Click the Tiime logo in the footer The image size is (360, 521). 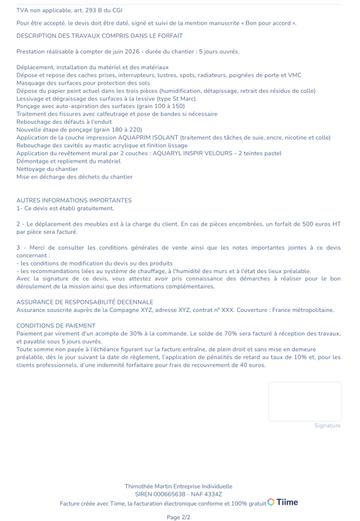pyautogui.click(x=283, y=502)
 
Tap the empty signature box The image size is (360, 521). pyautogui.click(x=305, y=401)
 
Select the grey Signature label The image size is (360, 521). pyautogui.click(x=327, y=425)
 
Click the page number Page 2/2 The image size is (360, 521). pyautogui.click(x=178, y=517)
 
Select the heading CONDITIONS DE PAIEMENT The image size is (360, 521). pyautogui.click(x=56, y=325)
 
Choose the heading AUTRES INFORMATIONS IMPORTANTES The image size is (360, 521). pyautogui.click(x=74, y=200)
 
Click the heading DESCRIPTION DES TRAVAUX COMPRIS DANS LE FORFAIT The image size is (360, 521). pyautogui.click(x=95, y=36)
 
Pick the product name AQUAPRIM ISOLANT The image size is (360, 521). pyautogui.click(x=147, y=137)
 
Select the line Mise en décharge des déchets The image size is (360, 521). pyautogui.click(x=74, y=177)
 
